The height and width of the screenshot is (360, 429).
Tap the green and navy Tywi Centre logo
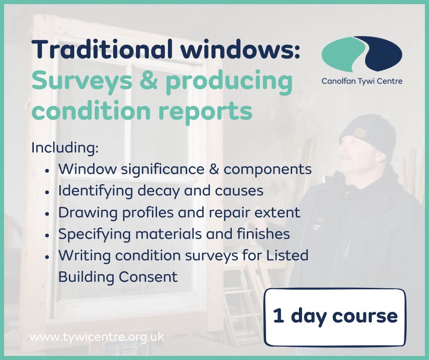coord(361,52)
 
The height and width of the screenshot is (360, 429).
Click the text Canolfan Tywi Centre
coord(362,81)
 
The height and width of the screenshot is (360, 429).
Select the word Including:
coord(65,148)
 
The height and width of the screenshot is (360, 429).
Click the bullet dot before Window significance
coord(47,170)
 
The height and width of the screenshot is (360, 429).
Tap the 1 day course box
coord(335,317)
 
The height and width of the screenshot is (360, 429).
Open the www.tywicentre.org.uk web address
coord(96,338)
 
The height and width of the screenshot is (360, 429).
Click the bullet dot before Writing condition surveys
coord(47,255)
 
